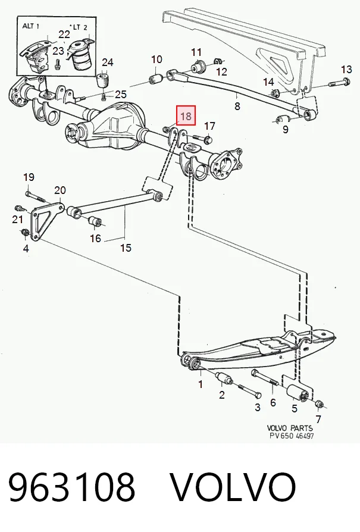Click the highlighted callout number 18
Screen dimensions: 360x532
click(x=186, y=116)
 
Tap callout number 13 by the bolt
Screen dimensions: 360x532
click(x=346, y=69)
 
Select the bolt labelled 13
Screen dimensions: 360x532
click(x=339, y=82)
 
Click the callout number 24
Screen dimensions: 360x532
click(x=108, y=62)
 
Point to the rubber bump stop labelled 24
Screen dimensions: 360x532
click(x=103, y=80)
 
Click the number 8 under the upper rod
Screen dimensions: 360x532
click(x=237, y=106)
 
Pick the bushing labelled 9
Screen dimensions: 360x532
click(x=282, y=120)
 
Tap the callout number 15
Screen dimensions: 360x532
click(x=126, y=248)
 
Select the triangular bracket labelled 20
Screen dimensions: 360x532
click(x=46, y=218)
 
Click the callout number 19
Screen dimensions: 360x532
click(x=29, y=177)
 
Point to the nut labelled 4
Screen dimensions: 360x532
click(x=24, y=233)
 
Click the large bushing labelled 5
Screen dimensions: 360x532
click(x=298, y=393)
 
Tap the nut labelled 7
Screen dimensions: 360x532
click(x=320, y=404)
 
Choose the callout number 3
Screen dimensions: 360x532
click(x=258, y=407)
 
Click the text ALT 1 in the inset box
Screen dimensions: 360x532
click(x=30, y=26)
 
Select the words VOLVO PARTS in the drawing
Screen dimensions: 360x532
click(x=290, y=428)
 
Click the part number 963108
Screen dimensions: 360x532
click(x=71, y=487)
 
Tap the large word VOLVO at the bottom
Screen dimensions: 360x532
click(x=233, y=487)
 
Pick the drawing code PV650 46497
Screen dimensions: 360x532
click(x=292, y=436)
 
